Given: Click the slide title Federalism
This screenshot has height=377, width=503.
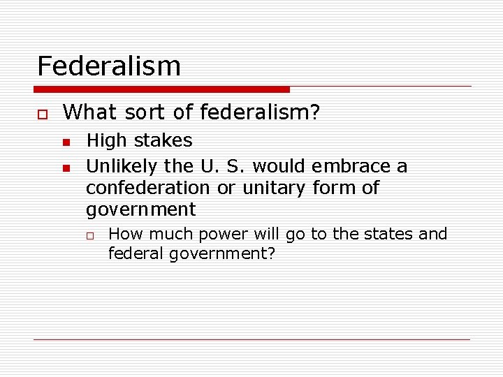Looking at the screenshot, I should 108,66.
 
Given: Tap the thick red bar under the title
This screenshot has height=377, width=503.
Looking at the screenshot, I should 162,89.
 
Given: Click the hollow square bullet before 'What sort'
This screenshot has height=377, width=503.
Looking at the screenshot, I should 41,113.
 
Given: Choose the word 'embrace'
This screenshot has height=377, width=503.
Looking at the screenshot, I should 351,166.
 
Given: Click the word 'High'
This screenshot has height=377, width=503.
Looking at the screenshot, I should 105,141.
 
